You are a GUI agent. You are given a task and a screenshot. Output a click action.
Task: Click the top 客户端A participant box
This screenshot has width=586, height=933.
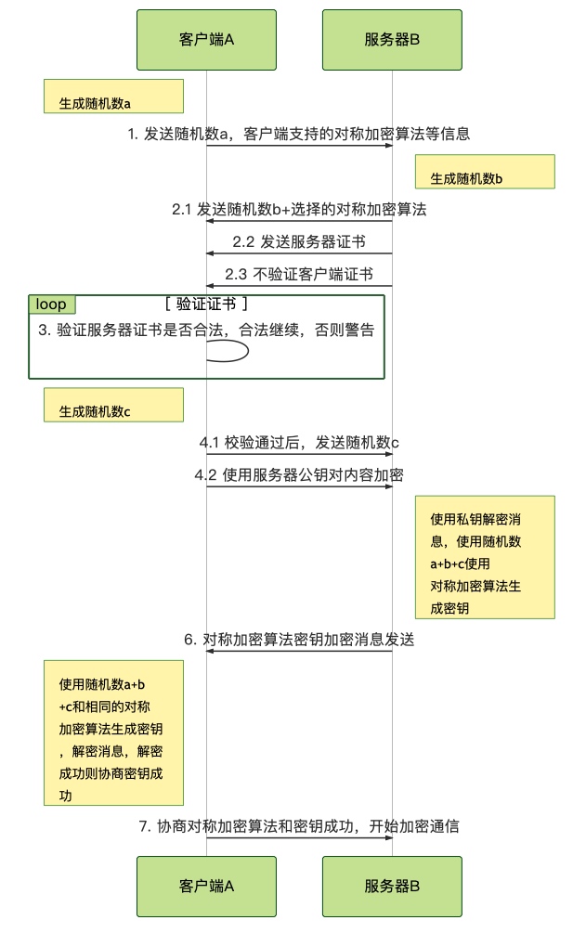click(x=206, y=40)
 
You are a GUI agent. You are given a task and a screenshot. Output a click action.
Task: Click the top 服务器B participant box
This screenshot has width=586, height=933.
click(x=392, y=40)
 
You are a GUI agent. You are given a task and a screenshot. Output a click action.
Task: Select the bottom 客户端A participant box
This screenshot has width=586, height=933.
click(x=206, y=886)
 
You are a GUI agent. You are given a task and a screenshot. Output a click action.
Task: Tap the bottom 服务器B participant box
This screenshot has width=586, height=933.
click(x=392, y=886)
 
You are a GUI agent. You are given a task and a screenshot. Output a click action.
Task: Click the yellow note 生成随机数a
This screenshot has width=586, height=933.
click(x=113, y=96)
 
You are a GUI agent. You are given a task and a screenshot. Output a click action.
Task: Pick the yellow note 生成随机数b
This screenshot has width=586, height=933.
click(x=485, y=172)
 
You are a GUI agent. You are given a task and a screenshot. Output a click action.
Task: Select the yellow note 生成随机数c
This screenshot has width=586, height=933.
click(x=113, y=405)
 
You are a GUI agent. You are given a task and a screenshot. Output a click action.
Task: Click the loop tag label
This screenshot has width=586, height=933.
click(x=51, y=305)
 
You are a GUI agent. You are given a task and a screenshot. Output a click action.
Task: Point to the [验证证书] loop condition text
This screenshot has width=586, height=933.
click(x=206, y=305)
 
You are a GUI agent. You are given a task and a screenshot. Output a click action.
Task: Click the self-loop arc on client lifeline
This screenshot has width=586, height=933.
click(x=248, y=351)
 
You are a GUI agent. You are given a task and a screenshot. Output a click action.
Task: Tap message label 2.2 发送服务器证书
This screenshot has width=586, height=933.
click(x=299, y=241)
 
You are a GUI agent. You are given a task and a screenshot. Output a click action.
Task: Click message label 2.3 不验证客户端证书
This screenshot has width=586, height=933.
click(x=299, y=274)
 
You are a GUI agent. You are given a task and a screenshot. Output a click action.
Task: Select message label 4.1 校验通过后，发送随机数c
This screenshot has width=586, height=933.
click(x=299, y=442)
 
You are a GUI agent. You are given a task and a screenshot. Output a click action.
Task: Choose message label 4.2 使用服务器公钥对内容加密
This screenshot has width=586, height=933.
click(x=299, y=474)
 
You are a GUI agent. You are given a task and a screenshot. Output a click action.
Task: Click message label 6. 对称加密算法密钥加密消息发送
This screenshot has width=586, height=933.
click(x=299, y=639)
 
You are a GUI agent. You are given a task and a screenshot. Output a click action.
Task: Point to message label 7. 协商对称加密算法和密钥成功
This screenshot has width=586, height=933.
click(x=299, y=826)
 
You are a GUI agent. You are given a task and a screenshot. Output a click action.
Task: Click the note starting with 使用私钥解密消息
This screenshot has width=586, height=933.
click(x=485, y=557)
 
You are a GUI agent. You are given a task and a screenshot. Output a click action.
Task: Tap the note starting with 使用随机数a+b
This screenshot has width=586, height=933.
click(x=113, y=732)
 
